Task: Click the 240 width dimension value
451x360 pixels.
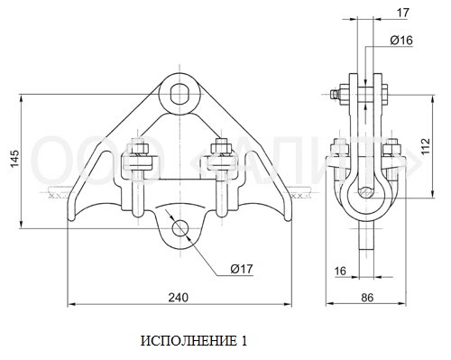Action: tap(179, 298)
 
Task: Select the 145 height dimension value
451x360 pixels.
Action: tap(14, 158)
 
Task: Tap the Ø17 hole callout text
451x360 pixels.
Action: tap(242, 269)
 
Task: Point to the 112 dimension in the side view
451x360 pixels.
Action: tap(426, 146)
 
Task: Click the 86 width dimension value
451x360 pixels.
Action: tap(367, 298)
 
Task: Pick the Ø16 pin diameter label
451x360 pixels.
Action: tap(401, 40)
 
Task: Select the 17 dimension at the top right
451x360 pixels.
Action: tap(403, 13)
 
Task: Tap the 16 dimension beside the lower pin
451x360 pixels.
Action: tap(340, 271)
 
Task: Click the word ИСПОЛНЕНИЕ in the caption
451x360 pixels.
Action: tap(189, 341)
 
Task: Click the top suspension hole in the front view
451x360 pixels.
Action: tap(179, 94)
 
